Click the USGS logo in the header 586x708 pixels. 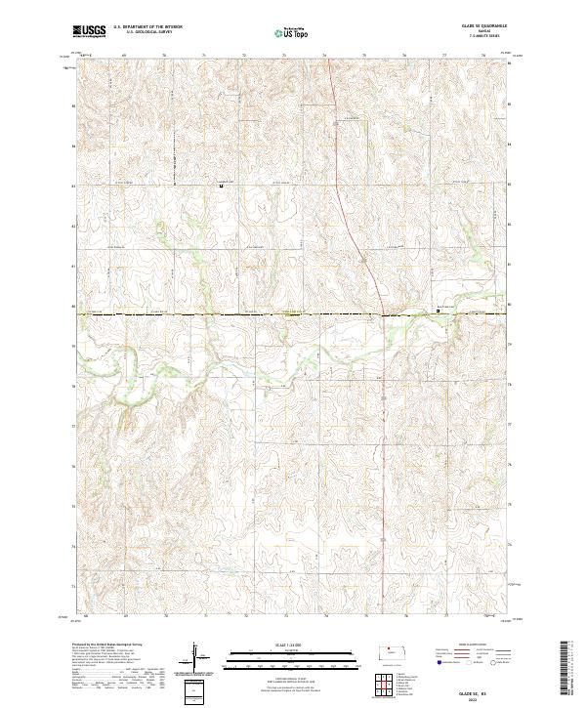90,31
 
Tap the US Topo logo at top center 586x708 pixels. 293,32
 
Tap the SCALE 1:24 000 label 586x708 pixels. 292,645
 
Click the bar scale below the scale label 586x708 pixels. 292,654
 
